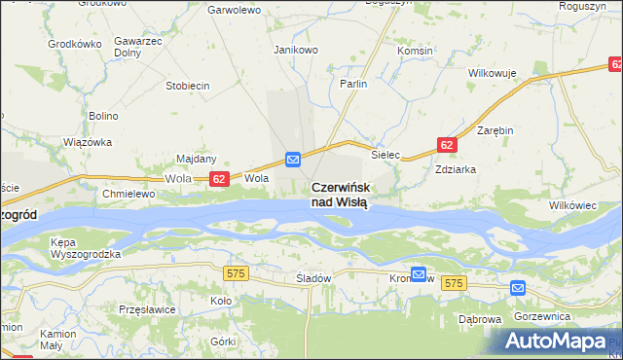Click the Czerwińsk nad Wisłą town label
coord(340,195)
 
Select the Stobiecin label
coord(188,86)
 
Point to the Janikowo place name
coord(297,50)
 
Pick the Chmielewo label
coord(129,194)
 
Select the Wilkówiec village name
coord(572,206)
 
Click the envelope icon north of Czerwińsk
coord(293,159)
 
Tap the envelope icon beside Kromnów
coord(419,274)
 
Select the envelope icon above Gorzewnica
coord(517,288)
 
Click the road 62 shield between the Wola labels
coord(219,179)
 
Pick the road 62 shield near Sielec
coord(447,145)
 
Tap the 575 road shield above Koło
coord(235,274)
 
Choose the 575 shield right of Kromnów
coord(454,282)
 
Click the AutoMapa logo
coord(558,341)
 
